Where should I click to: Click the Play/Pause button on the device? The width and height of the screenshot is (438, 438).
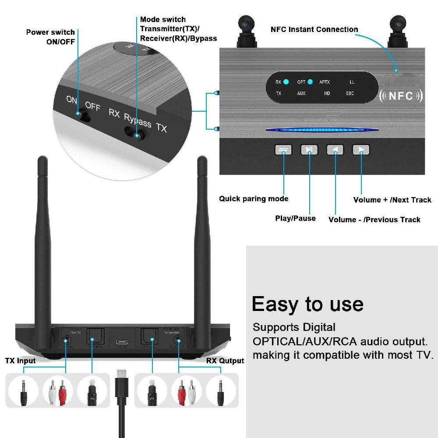[309, 150]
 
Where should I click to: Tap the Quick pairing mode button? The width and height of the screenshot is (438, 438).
[283, 150]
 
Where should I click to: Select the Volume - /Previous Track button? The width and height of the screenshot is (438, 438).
[335, 150]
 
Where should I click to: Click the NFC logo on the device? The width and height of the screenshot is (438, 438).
[401, 96]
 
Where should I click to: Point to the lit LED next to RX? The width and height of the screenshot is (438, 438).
[286, 82]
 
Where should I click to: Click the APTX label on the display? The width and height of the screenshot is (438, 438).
[325, 82]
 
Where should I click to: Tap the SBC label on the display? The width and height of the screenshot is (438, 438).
[350, 93]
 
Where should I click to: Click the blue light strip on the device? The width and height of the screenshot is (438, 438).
[322, 130]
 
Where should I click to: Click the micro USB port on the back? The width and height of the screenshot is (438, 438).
[121, 342]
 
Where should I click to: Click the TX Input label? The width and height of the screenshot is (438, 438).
[20, 361]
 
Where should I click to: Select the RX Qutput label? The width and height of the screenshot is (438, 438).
[225, 361]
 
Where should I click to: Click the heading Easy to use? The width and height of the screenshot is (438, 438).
[307, 304]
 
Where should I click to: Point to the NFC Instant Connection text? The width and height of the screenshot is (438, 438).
[314, 29]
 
